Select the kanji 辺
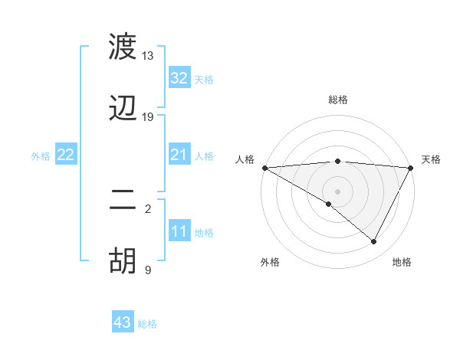click(123, 108)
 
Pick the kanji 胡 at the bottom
click(123, 260)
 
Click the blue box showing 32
click(179, 78)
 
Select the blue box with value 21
click(179, 155)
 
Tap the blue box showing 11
click(179, 232)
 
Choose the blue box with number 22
click(65, 155)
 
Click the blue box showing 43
click(123, 322)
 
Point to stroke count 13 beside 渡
click(148, 56)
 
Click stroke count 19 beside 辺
click(148, 117)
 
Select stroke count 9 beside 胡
click(148, 270)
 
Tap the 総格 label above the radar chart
click(338, 100)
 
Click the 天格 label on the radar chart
click(432, 159)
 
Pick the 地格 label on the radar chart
click(402, 262)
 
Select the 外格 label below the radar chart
click(270, 262)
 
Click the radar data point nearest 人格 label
click(264, 168)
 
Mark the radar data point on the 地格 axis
click(374, 241)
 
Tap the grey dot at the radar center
click(338, 191)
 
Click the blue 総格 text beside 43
click(147, 324)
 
